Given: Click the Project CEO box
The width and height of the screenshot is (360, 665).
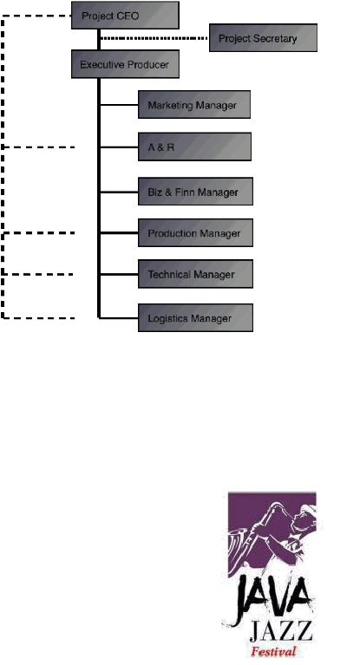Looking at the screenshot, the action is pos(125,16).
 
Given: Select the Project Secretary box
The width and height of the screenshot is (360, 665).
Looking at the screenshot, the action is pos(263,38).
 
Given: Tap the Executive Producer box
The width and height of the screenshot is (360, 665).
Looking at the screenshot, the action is pos(125,64).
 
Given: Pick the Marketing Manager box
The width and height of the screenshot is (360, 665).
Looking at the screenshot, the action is pos(194,104).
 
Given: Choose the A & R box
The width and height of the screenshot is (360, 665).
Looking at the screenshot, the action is pos(195,147).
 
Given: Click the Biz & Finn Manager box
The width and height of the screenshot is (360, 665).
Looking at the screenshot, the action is pos(196,192).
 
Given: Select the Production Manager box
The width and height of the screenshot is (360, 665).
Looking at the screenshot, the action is pos(196,233).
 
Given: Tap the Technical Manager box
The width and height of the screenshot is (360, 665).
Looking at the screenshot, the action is pos(196,274).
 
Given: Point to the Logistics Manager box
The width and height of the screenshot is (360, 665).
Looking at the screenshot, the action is pos(196,317).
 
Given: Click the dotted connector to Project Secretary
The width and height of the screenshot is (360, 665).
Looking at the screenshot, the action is pos(154,38).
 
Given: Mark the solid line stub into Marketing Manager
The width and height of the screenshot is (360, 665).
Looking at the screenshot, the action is pos(120,104).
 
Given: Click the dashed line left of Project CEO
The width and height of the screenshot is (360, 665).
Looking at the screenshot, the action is pos(36,16).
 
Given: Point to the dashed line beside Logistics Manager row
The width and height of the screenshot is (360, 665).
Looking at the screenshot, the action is pos(38,317).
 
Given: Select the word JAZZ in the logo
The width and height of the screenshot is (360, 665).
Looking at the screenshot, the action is pos(281,631).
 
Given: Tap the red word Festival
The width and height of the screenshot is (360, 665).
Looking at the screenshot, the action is pos(273,651).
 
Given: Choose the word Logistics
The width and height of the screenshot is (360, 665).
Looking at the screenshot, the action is pos(167,318).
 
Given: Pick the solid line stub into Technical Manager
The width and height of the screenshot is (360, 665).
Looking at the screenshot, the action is pos(120,274).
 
